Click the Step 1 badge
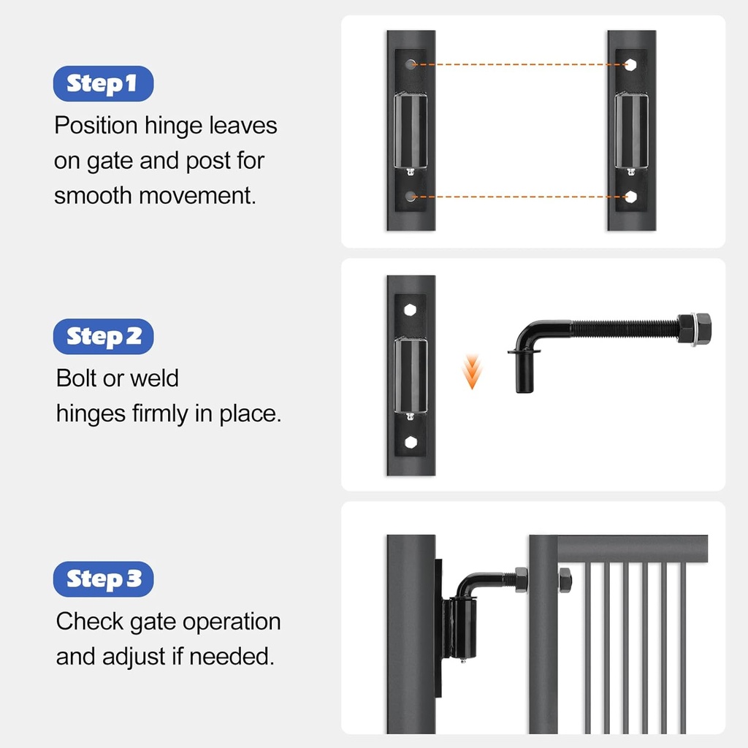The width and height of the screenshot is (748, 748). pyautogui.click(x=103, y=83)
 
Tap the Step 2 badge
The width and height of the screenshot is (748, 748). pyautogui.click(x=103, y=336)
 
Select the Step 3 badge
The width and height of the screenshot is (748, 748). pyautogui.click(x=103, y=579)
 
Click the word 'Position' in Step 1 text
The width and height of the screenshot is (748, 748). pyautogui.click(x=96, y=126)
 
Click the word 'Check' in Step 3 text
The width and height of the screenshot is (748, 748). pyautogui.click(x=90, y=622)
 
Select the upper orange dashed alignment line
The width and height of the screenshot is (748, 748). pyautogui.click(x=521, y=64)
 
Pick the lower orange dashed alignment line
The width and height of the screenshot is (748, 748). pyautogui.click(x=521, y=196)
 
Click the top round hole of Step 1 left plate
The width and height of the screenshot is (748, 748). pyautogui.click(x=411, y=64)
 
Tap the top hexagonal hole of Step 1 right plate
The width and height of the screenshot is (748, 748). pyautogui.click(x=630, y=64)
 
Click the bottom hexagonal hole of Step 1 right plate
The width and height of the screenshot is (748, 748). pyautogui.click(x=630, y=196)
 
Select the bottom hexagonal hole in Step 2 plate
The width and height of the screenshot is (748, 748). pyautogui.click(x=411, y=442)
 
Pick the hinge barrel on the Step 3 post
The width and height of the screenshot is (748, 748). pyautogui.click(x=462, y=626)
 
